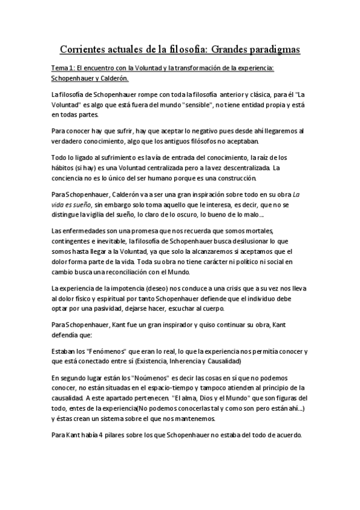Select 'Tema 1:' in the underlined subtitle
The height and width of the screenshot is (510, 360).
click(x=63, y=68)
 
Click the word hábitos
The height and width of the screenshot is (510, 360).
click(x=65, y=168)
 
